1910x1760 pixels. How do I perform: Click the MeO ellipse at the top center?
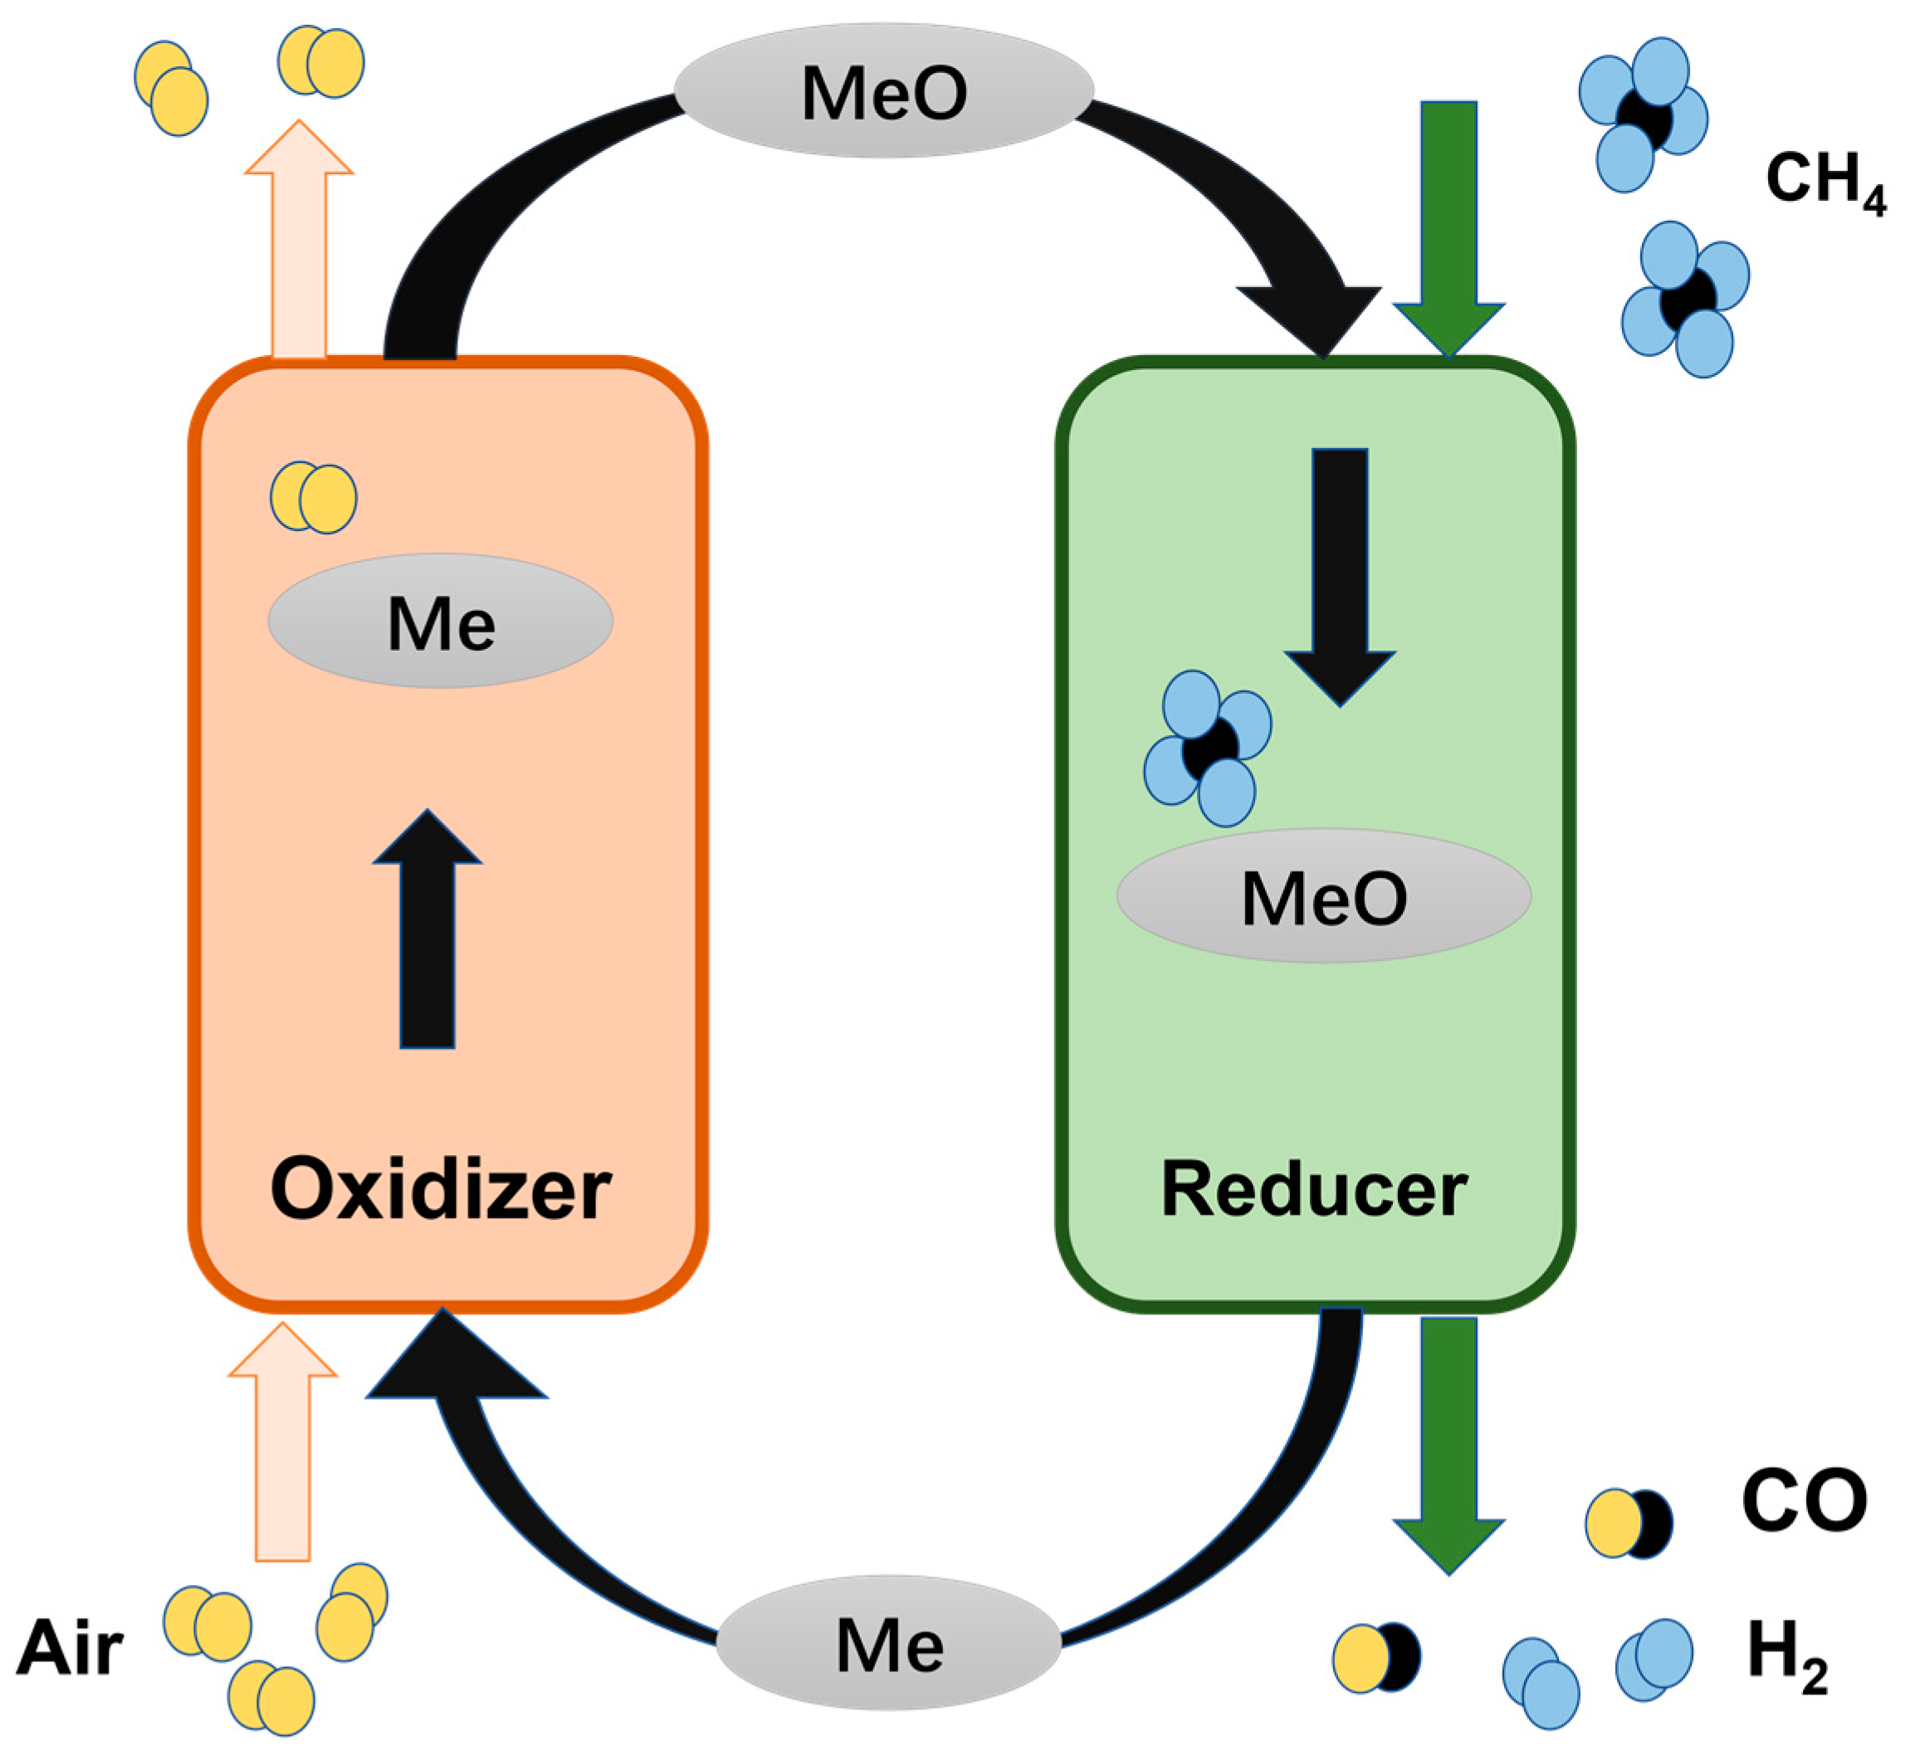coord(884,91)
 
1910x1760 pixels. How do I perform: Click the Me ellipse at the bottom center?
coord(889,1643)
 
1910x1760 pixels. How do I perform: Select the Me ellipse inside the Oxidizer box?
coord(440,622)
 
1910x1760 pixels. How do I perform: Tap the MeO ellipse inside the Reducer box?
coord(1323,896)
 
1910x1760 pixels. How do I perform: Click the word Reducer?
coord(1314,1190)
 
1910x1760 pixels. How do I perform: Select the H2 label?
coord(1786,1651)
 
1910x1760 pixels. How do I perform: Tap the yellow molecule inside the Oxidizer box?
coord(314,497)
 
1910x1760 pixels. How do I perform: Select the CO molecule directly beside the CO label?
coord(1628,1524)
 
